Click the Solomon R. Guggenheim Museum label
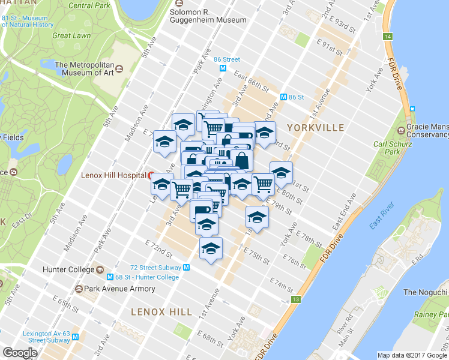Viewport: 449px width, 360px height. (208, 16)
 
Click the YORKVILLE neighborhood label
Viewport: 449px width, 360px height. (315, 128)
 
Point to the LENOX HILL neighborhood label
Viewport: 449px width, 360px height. (161, 312)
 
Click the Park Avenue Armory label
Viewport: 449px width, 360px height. (119, 289)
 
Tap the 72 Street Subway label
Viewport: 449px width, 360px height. (157, 267)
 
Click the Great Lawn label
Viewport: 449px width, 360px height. (71, 35)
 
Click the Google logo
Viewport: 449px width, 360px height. (20, 353)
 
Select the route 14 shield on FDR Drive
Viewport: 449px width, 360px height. (388, 37)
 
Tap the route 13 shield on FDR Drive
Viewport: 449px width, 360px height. (295, 299)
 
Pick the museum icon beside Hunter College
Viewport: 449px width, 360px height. (100, 269)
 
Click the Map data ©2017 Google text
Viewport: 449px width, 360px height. (412, 355)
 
